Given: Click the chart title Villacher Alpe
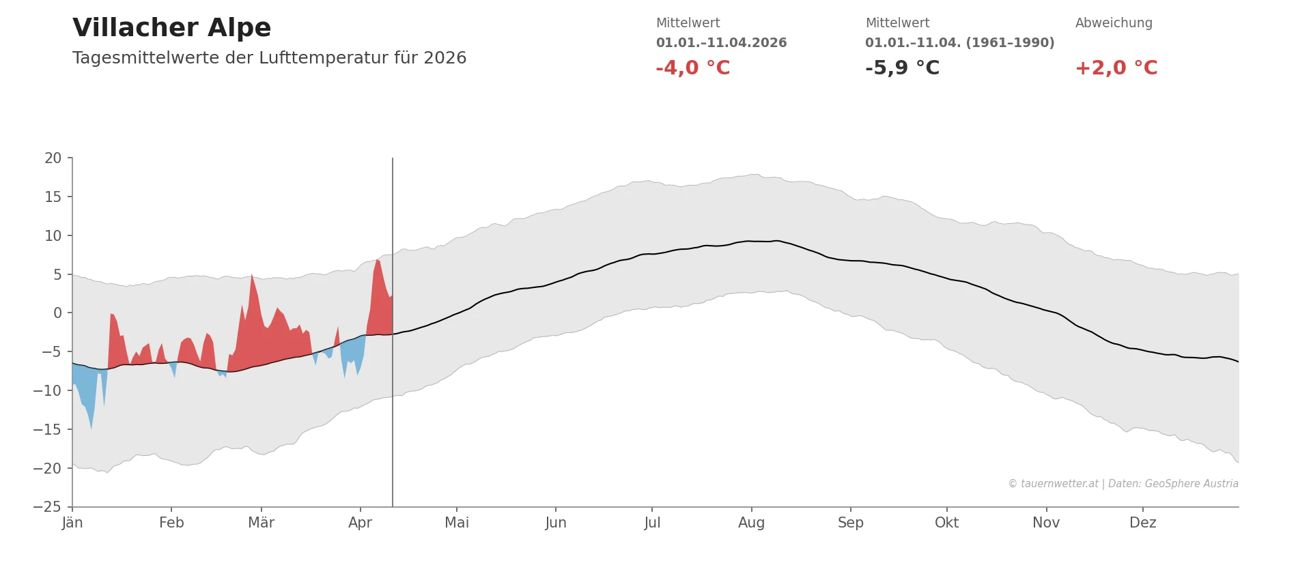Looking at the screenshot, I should point(171,28).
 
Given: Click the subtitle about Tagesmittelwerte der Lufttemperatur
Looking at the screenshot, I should point(269,58).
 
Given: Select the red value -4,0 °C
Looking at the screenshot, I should point(692,68).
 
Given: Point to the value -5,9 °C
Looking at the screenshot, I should point(902,68).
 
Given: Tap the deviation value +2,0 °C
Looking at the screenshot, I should point(1116,68).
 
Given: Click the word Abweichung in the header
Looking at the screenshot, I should point(1113,23).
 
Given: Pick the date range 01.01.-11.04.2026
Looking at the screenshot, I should point(721,43).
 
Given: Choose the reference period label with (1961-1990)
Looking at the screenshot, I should point(959,43).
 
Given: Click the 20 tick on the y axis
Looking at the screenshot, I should point(53,158).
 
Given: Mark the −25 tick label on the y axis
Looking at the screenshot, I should point(47,507).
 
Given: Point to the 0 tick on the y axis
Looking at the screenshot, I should point(57,313).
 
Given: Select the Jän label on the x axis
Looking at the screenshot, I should point(72,523).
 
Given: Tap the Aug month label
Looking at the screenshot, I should point(751,523).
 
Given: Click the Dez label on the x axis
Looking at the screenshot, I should point(1142,523).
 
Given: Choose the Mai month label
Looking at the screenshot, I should point(457,523).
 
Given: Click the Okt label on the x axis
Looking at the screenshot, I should point(946,523).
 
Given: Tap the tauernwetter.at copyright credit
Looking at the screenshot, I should point(1123,484).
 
